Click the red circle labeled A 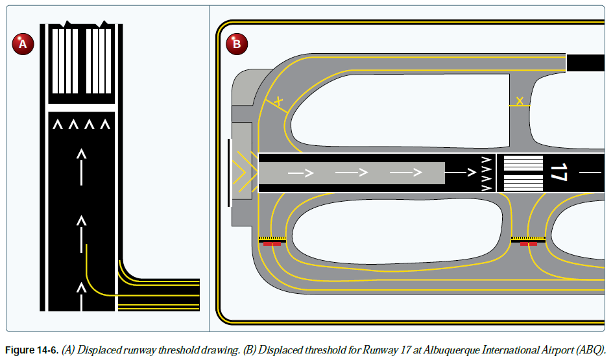(22, 44)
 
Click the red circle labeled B (236, 44)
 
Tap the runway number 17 (558, 173)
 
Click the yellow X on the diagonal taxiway (278, 101)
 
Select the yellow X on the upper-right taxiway (520, 101)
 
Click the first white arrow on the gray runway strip (300, 173)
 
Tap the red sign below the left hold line (271, 245)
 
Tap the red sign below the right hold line (528, 245)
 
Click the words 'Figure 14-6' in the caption (32, 350)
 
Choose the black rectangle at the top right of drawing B (586, 63)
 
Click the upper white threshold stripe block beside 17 (523, 163)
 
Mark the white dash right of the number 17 (590, 173)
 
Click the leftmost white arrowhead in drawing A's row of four (58, 123)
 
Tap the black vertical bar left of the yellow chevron (228, 173)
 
